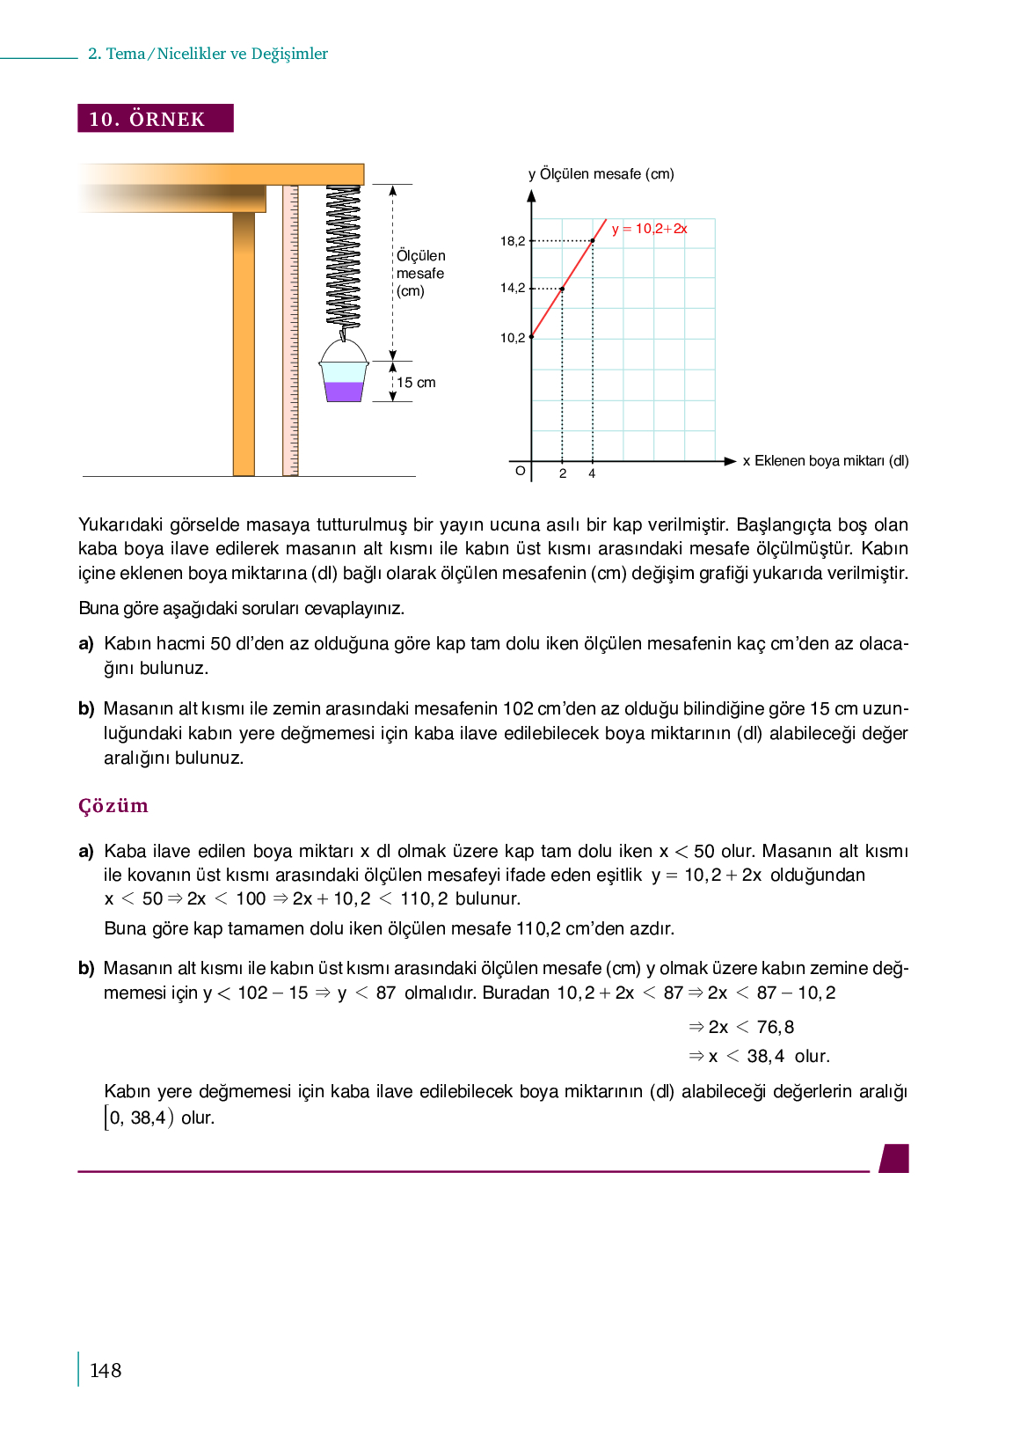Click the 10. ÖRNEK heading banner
click(x=156, y=119)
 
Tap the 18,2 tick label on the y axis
click(x=513, y=241)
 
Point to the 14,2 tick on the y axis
click(x=513, y=288)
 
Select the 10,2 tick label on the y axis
click(x=513, y=338)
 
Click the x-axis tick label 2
click(x=563, y=473)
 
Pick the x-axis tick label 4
click(x=593, y=473)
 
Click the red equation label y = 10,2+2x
click(x=649, y=229)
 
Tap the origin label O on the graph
click(x=520, y=471)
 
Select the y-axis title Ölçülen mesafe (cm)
click(x=601, y=174)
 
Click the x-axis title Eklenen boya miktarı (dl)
click(x=826, y=461)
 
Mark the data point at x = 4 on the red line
click(x=593, y=240)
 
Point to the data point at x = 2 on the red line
click(x=563, y=289)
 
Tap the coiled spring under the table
click(x=343, y=255)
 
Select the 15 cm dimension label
click(x=416, y=383)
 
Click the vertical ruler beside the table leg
click(x=290, y=330)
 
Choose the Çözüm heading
click(x=113, y=806)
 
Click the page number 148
click(x=106, y=1370)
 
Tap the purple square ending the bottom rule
click(x=894, y=1158)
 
